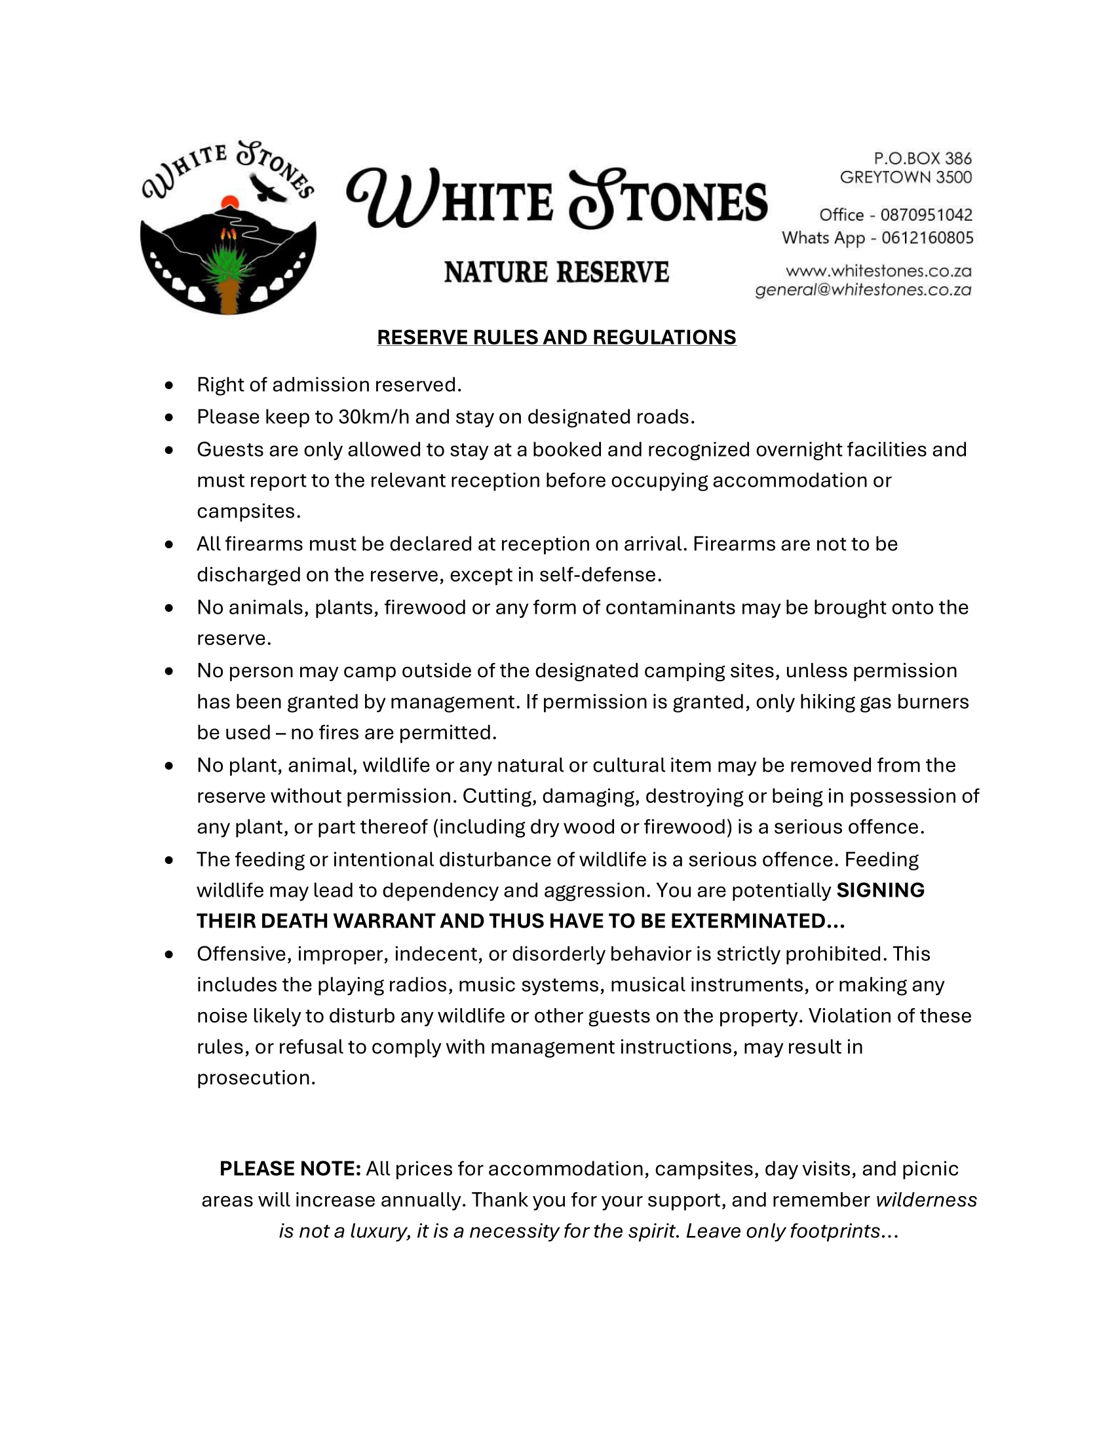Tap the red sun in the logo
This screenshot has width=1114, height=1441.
coord(229,201)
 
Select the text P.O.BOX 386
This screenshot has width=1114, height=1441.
coord(923,159)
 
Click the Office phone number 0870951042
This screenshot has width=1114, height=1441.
coord(926,215)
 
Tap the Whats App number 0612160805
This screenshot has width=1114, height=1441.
coord(927,238)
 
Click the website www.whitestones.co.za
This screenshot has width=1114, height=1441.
coord(878,271)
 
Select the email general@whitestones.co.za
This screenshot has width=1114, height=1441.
coord(863,290)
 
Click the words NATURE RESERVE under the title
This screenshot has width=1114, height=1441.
coord(556,272)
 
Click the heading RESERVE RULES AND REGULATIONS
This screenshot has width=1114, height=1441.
coord(556,337)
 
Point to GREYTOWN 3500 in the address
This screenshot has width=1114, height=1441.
coord(906,177)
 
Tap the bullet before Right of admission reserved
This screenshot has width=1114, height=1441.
coord(170,384)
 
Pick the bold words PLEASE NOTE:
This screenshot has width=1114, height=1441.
coord(290,1169)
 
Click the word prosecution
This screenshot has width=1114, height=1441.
coord(256,1077)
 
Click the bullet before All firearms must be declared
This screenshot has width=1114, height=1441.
coord(170,544)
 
